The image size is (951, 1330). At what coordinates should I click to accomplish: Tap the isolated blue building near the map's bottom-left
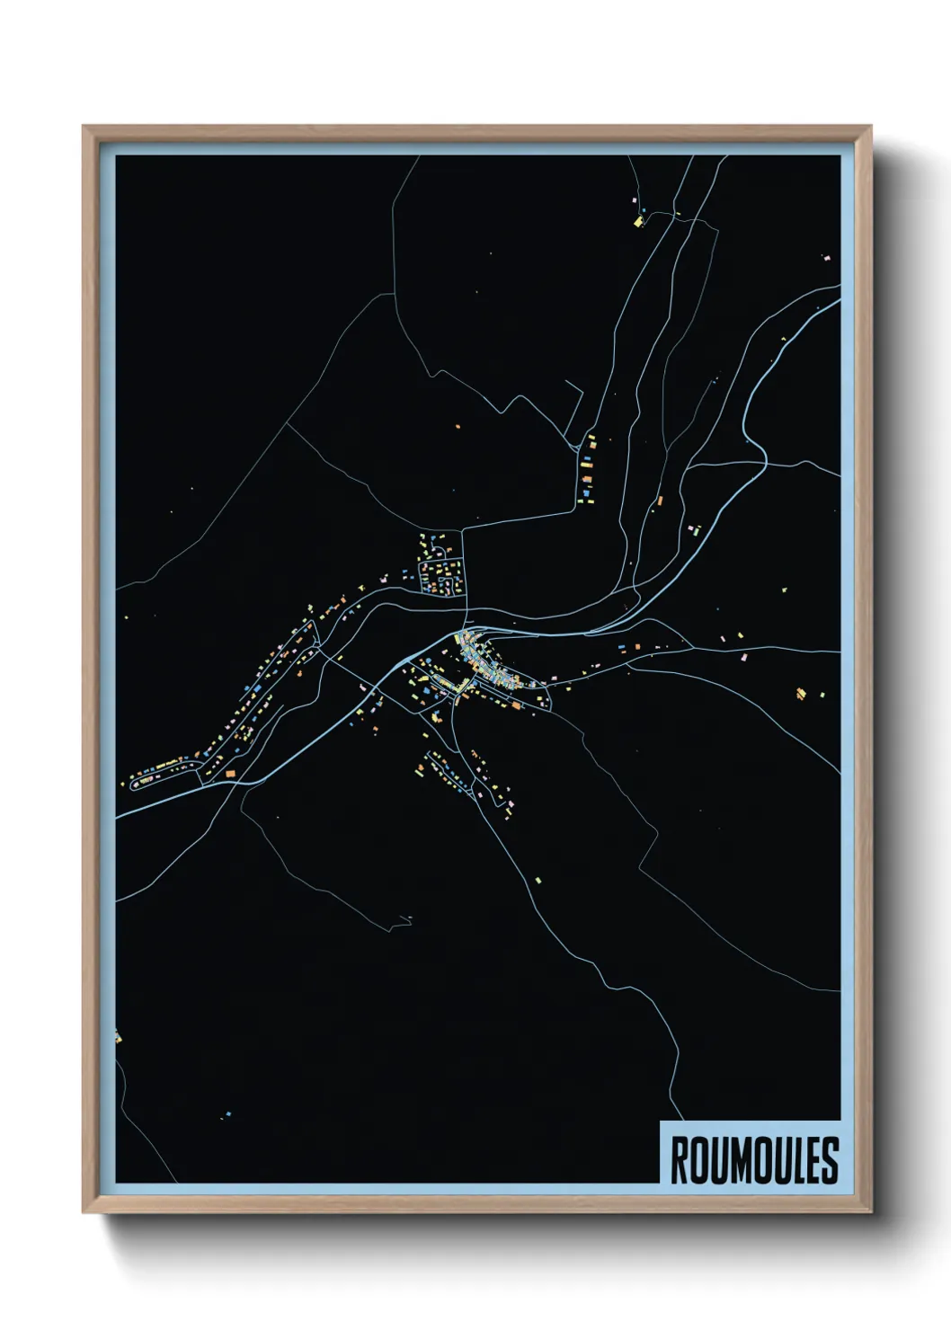pos(227,1115)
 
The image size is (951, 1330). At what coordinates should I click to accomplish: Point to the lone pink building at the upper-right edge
pos(826,258)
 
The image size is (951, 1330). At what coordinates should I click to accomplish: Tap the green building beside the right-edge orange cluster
pos(818,694)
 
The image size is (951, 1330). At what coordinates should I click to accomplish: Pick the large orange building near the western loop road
pos(230,773)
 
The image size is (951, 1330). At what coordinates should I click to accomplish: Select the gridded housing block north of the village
pos(441,571)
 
